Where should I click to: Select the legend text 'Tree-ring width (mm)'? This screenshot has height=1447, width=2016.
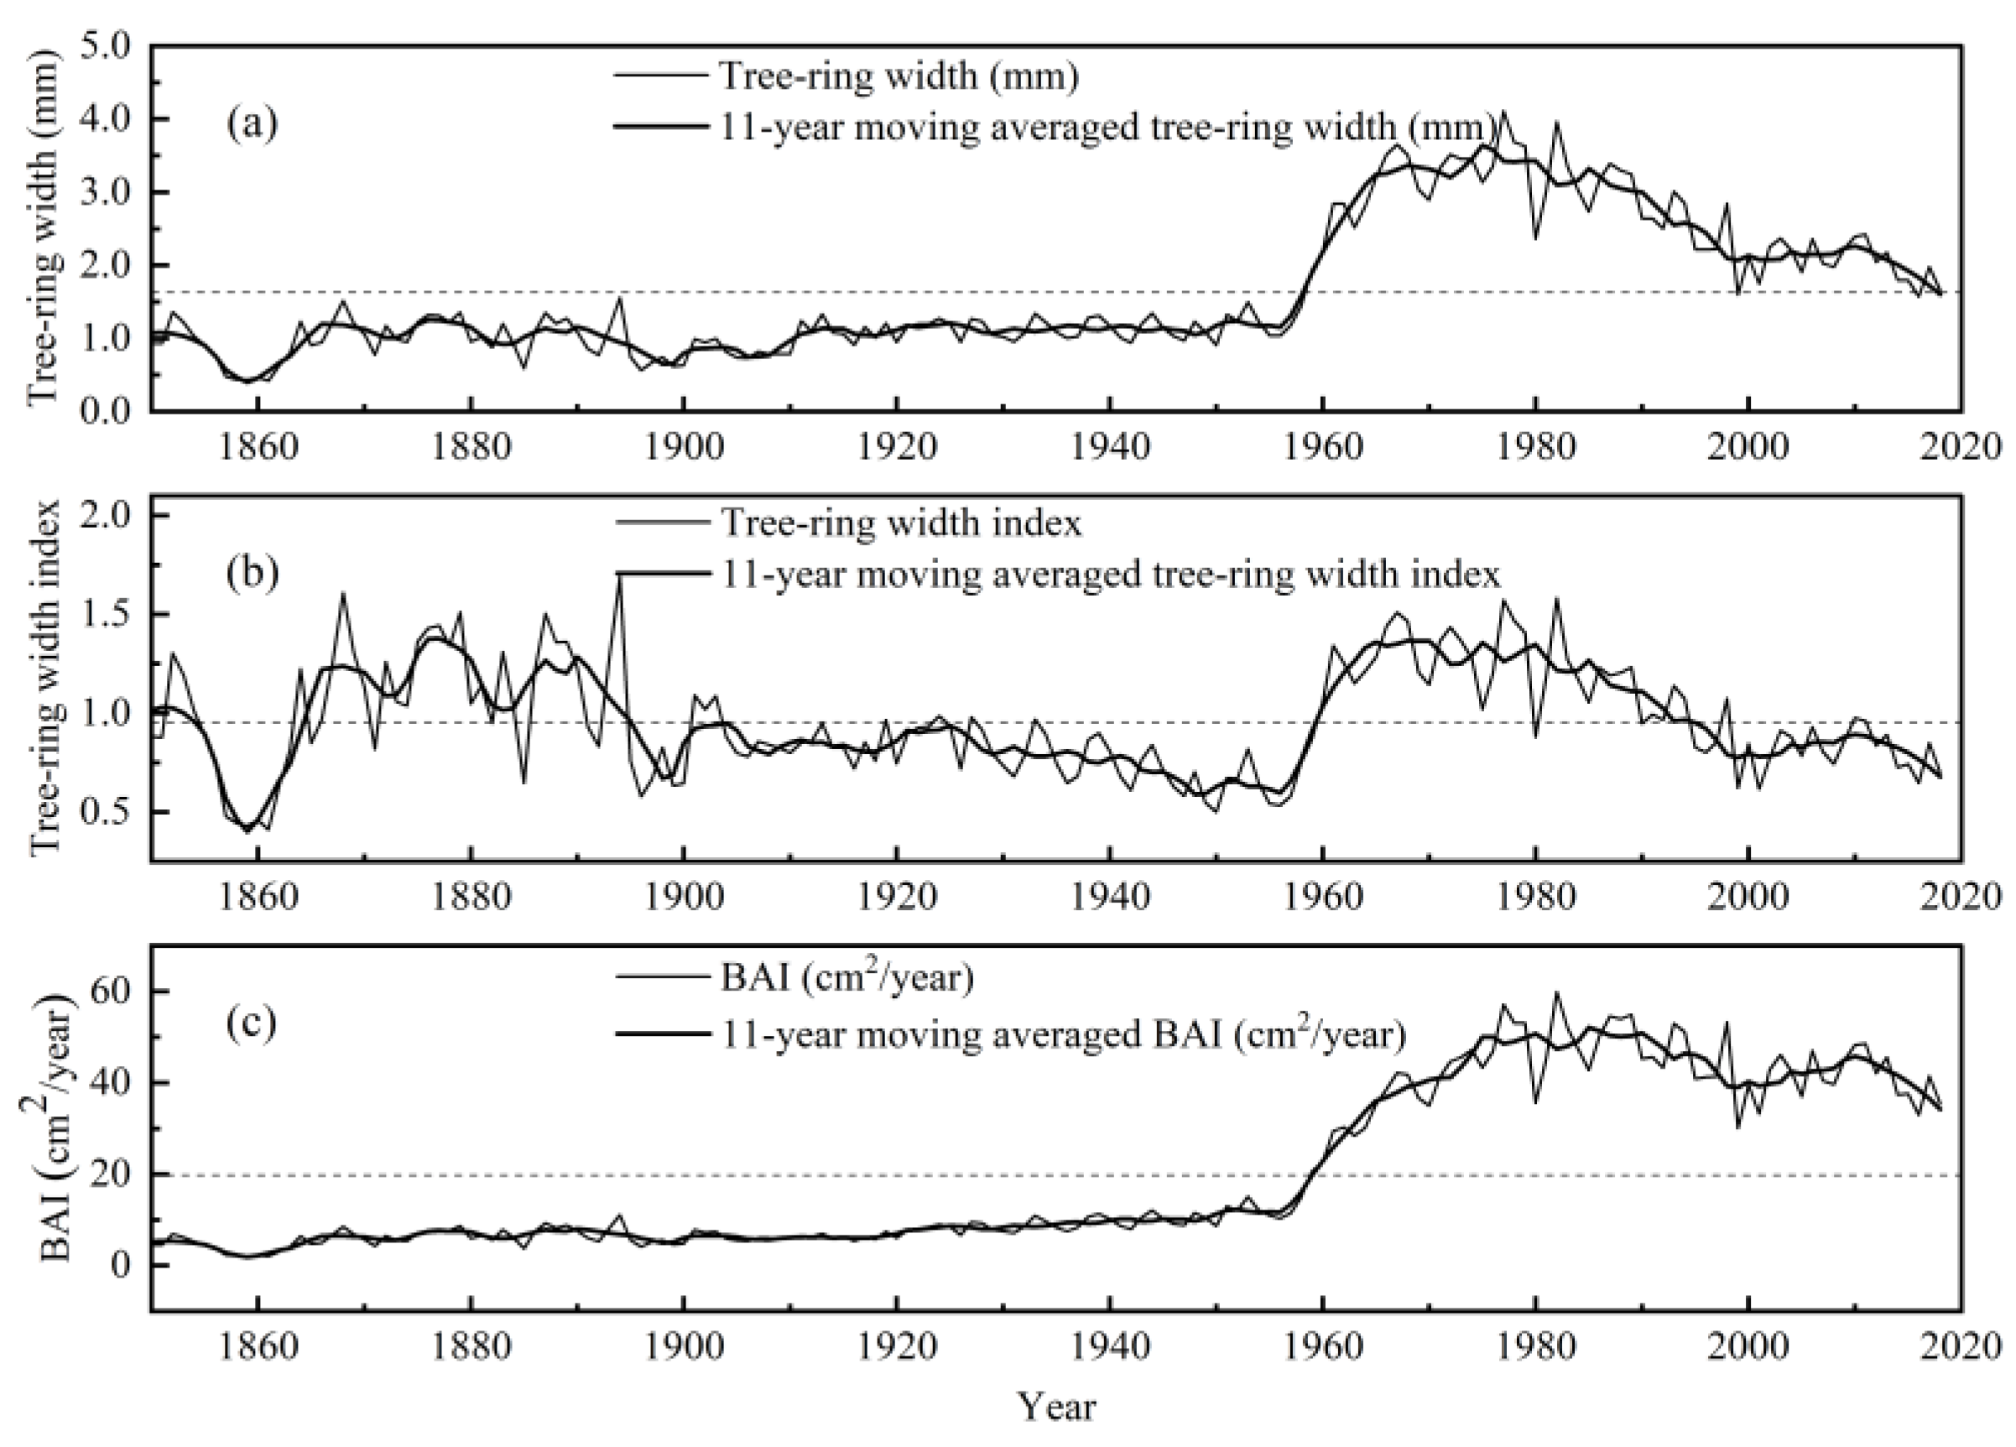(899, 76)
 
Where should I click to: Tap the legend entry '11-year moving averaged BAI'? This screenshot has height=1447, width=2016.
(1063, 1034)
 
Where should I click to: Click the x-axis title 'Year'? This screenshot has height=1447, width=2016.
(1057, 1407)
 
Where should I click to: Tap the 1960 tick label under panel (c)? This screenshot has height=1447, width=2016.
(1324, 1346)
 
